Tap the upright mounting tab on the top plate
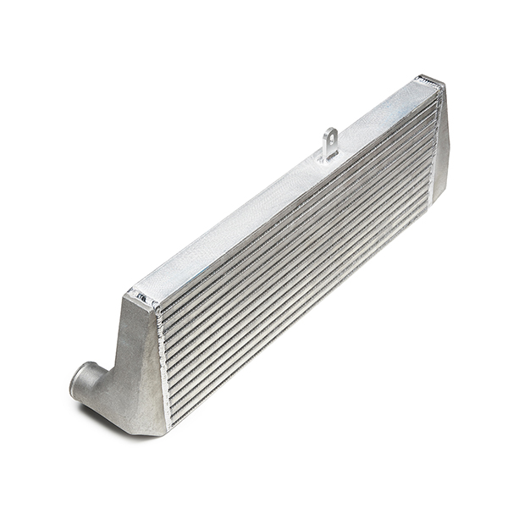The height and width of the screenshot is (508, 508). [x=330, y=142]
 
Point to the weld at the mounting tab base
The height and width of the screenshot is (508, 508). [x=328, y=157]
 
